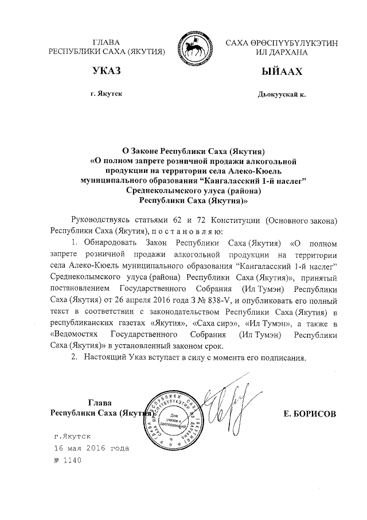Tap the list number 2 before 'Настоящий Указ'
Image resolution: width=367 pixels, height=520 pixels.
pos(73,357)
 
